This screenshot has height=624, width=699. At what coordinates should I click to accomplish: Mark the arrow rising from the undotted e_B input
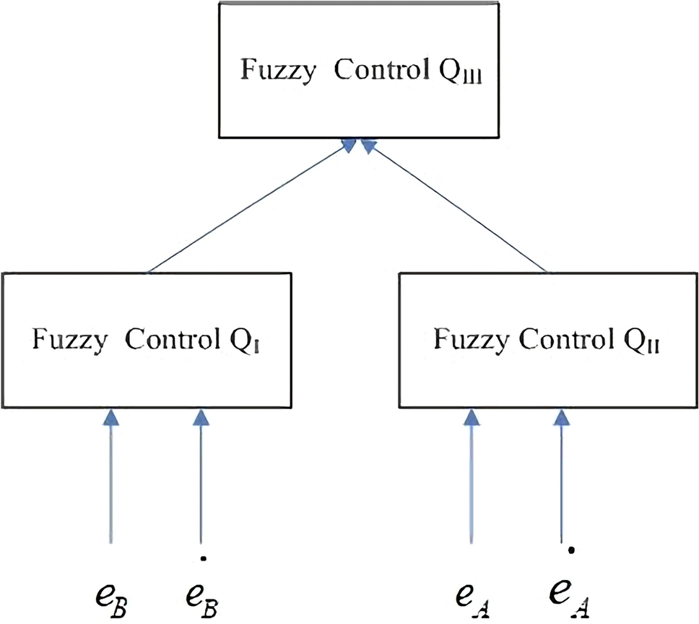click(x=110, y=476)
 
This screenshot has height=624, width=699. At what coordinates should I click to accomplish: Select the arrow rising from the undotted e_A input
click(x=472, y=476)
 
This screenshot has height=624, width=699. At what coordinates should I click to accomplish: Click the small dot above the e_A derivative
click(x=571, y=552)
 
